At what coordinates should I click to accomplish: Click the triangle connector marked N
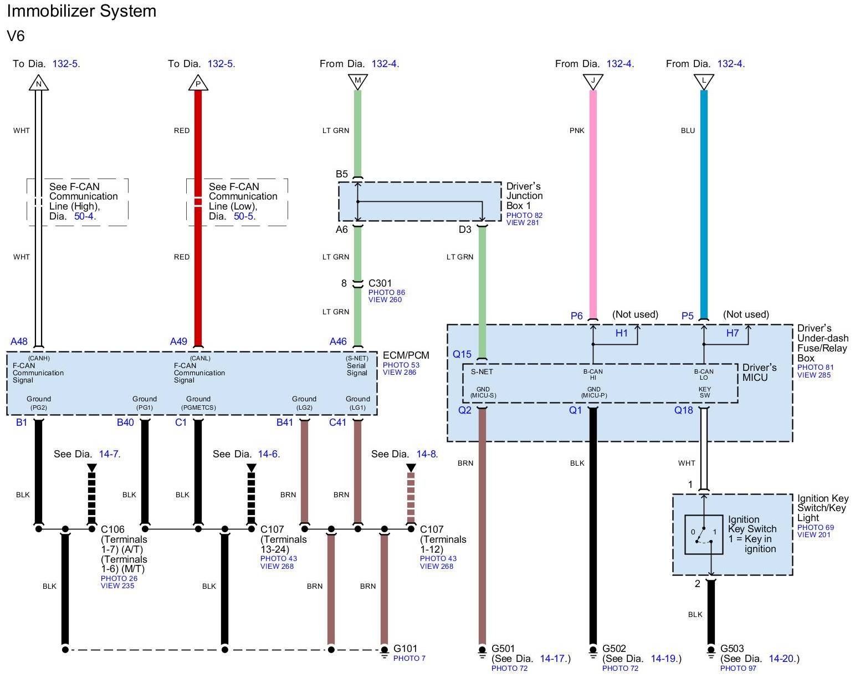38,83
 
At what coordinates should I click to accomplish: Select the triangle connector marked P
198,83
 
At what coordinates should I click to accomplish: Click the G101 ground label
405,649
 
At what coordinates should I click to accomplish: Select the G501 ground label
503,649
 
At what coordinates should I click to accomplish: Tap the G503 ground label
732,649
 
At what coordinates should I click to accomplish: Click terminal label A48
19,341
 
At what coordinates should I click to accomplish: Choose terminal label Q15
462,354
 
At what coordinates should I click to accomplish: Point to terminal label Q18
683,410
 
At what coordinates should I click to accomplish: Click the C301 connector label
380,283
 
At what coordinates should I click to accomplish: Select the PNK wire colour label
577,131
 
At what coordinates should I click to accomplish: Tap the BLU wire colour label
688,131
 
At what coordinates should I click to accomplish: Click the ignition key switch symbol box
704,534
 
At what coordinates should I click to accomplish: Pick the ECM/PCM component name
406,355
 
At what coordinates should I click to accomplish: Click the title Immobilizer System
81,11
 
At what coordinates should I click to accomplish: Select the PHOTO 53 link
401,365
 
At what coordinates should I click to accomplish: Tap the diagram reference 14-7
109,454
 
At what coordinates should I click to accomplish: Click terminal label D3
464,230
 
